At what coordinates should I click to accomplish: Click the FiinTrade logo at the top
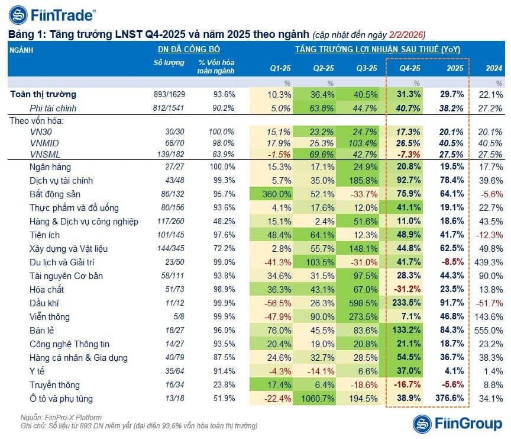tap(53, 15)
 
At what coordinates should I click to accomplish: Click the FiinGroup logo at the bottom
tap(458, 424)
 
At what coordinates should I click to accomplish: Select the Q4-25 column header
tap(410, 68)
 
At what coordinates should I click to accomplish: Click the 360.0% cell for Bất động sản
tap(277, 194)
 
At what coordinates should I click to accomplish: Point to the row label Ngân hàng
tap(50, 167)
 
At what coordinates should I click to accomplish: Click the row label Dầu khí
tap(44, 303)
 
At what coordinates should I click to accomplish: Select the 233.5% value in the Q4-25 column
tap(406, 303)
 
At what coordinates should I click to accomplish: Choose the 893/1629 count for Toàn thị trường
tap(169, 94)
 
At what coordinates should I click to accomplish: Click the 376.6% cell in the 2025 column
tap(449, 398)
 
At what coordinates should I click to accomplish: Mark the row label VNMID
tap(44, 143)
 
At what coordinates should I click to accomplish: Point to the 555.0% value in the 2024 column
tap(489, 331)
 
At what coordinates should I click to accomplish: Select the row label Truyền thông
tap(54, 385)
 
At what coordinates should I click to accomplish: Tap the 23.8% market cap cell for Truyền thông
tap(224, 385)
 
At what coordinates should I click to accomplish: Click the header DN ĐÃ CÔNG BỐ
tap(189, 49)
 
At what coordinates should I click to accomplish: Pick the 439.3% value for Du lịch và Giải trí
tap(489, 262)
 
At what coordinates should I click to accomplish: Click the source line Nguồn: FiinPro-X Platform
tap(61, 418)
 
